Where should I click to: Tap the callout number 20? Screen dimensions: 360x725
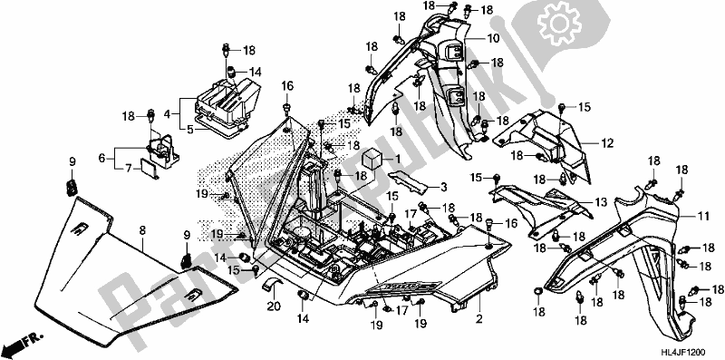pos(273,306)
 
